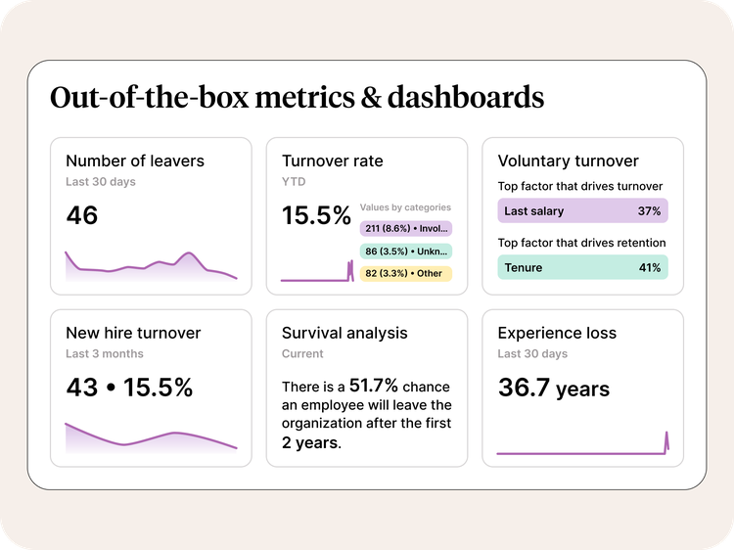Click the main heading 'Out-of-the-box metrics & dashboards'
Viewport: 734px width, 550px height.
297,98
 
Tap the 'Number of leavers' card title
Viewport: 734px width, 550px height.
135,160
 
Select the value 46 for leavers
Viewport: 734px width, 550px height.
82,215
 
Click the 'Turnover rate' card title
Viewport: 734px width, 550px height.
333,160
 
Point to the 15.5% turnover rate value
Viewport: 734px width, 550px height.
316,215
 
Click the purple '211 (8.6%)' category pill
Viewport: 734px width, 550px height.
405,228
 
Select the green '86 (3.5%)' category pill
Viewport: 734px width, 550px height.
405,251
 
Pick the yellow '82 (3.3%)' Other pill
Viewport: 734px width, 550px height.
405,273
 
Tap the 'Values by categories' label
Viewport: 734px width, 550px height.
405,207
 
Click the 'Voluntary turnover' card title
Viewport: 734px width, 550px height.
568,160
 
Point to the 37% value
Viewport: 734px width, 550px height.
649,210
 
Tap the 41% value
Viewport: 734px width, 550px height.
649,266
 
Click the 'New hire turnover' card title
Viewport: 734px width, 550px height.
133,333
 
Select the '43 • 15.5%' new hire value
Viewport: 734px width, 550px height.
129,387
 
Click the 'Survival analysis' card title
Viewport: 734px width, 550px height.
344,333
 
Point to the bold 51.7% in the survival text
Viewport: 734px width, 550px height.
374,387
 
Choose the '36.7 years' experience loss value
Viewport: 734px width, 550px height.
553,388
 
